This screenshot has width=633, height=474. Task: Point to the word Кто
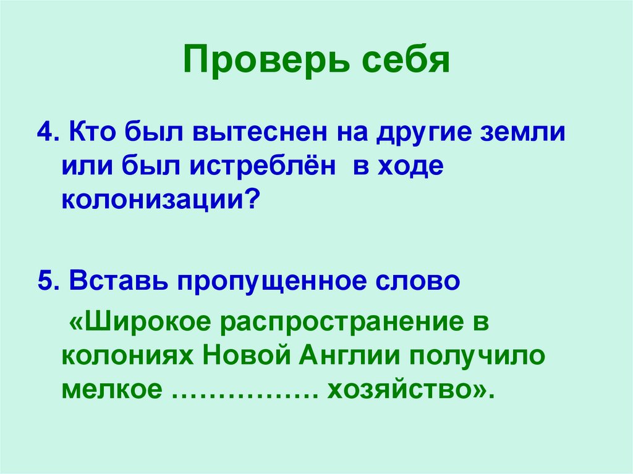coord(92,134)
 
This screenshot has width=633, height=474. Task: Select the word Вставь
coord(118,281)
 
